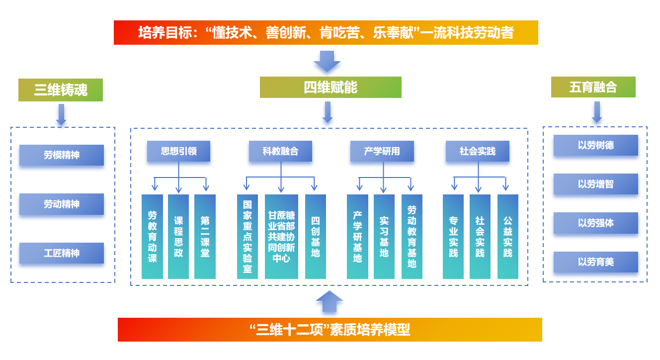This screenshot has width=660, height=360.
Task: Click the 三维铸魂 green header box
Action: (61, 90)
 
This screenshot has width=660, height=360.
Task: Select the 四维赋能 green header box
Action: (330, 87)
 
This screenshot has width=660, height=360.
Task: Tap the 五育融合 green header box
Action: (593, 87)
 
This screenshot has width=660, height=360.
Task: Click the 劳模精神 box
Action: (62, 155)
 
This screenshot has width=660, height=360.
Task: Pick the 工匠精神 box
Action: (62, 253)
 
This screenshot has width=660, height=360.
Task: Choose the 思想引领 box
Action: (178, 151)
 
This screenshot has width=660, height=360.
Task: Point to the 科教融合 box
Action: (281, 151)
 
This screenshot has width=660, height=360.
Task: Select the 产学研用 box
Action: (382, 151)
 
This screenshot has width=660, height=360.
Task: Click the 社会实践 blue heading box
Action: (478, 151)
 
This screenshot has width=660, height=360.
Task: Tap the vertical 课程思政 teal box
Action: (178, 236)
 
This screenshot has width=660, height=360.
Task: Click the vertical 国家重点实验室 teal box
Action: (247, 236)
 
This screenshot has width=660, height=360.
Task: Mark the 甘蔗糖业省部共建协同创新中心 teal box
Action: (281, 236)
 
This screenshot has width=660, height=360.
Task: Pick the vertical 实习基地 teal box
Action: (384, 236)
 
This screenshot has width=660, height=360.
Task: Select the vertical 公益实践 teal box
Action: (507, 236)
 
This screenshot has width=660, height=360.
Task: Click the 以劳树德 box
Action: (596, 145)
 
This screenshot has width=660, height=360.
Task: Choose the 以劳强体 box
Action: (596, 223)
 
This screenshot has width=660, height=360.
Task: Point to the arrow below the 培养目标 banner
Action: (327, 61)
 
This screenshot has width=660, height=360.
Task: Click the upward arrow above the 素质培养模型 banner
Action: (329, 301)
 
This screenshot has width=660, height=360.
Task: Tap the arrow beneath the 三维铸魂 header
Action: (61, 114)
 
